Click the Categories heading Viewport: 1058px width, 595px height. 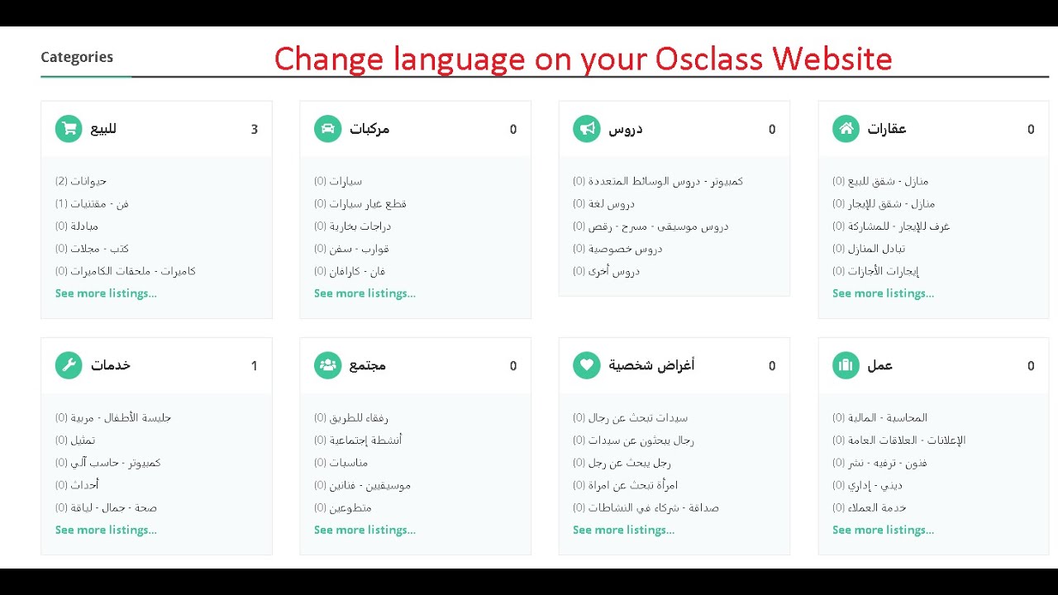pos(77,57)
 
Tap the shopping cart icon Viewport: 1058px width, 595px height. pos(69,129)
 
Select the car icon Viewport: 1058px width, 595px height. pos(327,129)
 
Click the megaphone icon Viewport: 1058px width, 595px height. pos(586,129)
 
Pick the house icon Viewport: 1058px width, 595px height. pos(846,129)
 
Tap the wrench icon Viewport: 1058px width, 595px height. pos(69,365)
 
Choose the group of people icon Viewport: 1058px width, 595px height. pos(327,365)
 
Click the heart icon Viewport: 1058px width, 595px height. pos(586,365)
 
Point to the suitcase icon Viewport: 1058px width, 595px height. pos(846,365)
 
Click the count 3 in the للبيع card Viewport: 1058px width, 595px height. pos(255,130)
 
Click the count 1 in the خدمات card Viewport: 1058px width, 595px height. pos(255,366)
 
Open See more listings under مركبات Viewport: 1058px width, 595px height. pos(365,293)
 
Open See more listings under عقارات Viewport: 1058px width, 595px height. pos(883,293)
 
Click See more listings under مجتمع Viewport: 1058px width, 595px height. pos(365,530)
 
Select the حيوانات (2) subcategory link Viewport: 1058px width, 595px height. pos(81,181)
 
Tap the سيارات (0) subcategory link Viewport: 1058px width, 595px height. pos(338,181)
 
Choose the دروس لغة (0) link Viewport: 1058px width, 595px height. pos(603,203)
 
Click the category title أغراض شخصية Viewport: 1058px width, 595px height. pos(651,365)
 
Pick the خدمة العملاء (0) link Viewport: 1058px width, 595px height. pos(869,507)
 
